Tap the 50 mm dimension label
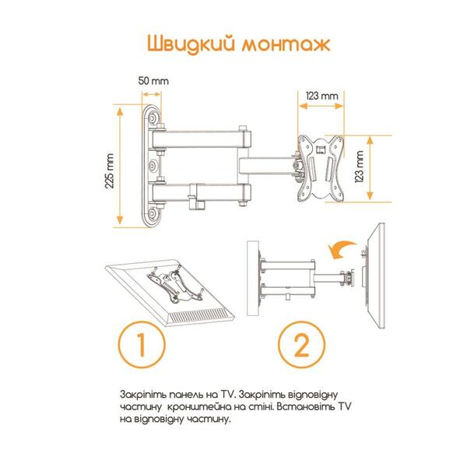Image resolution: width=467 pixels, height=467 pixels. tap(153, 81)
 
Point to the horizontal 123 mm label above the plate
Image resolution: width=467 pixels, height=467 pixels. tap(321, 95)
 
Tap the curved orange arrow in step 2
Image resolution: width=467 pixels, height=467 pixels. tap(339, 248)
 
